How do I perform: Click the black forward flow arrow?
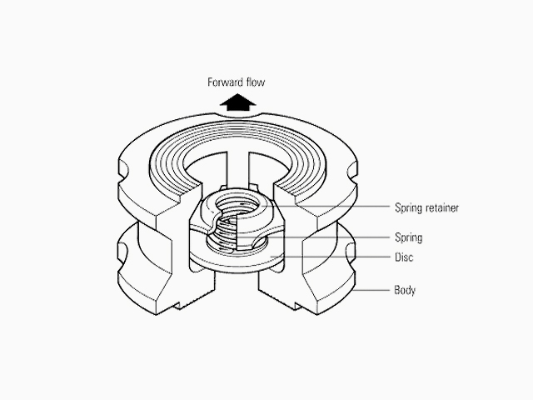click(237, 102)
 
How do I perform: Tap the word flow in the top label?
click(256, 82)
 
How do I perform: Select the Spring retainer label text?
click(426, 207)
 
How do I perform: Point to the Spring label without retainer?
click(408, 237)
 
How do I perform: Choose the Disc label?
click(404, 257)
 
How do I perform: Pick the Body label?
click(405, 290)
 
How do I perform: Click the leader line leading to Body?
click(371, 291)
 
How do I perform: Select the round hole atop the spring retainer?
click(238, 205)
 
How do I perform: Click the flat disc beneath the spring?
click(236, 261)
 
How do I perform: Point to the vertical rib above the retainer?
click(237, 170)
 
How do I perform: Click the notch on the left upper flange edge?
click(122, 171)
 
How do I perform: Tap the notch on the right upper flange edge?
click(352, 172)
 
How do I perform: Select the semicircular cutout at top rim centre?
click(237, 115)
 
